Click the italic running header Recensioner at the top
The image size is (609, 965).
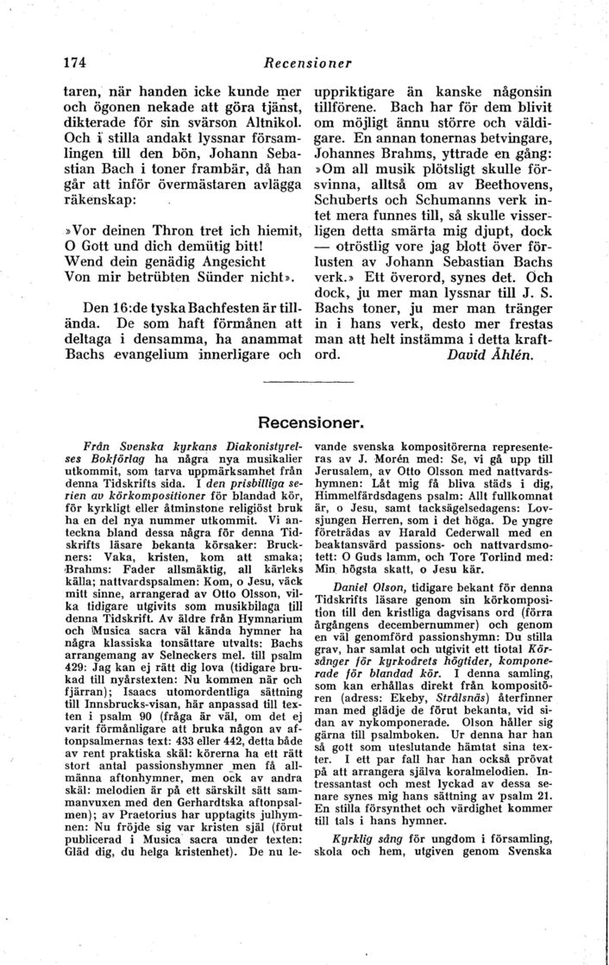click(x=309, y=63)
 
